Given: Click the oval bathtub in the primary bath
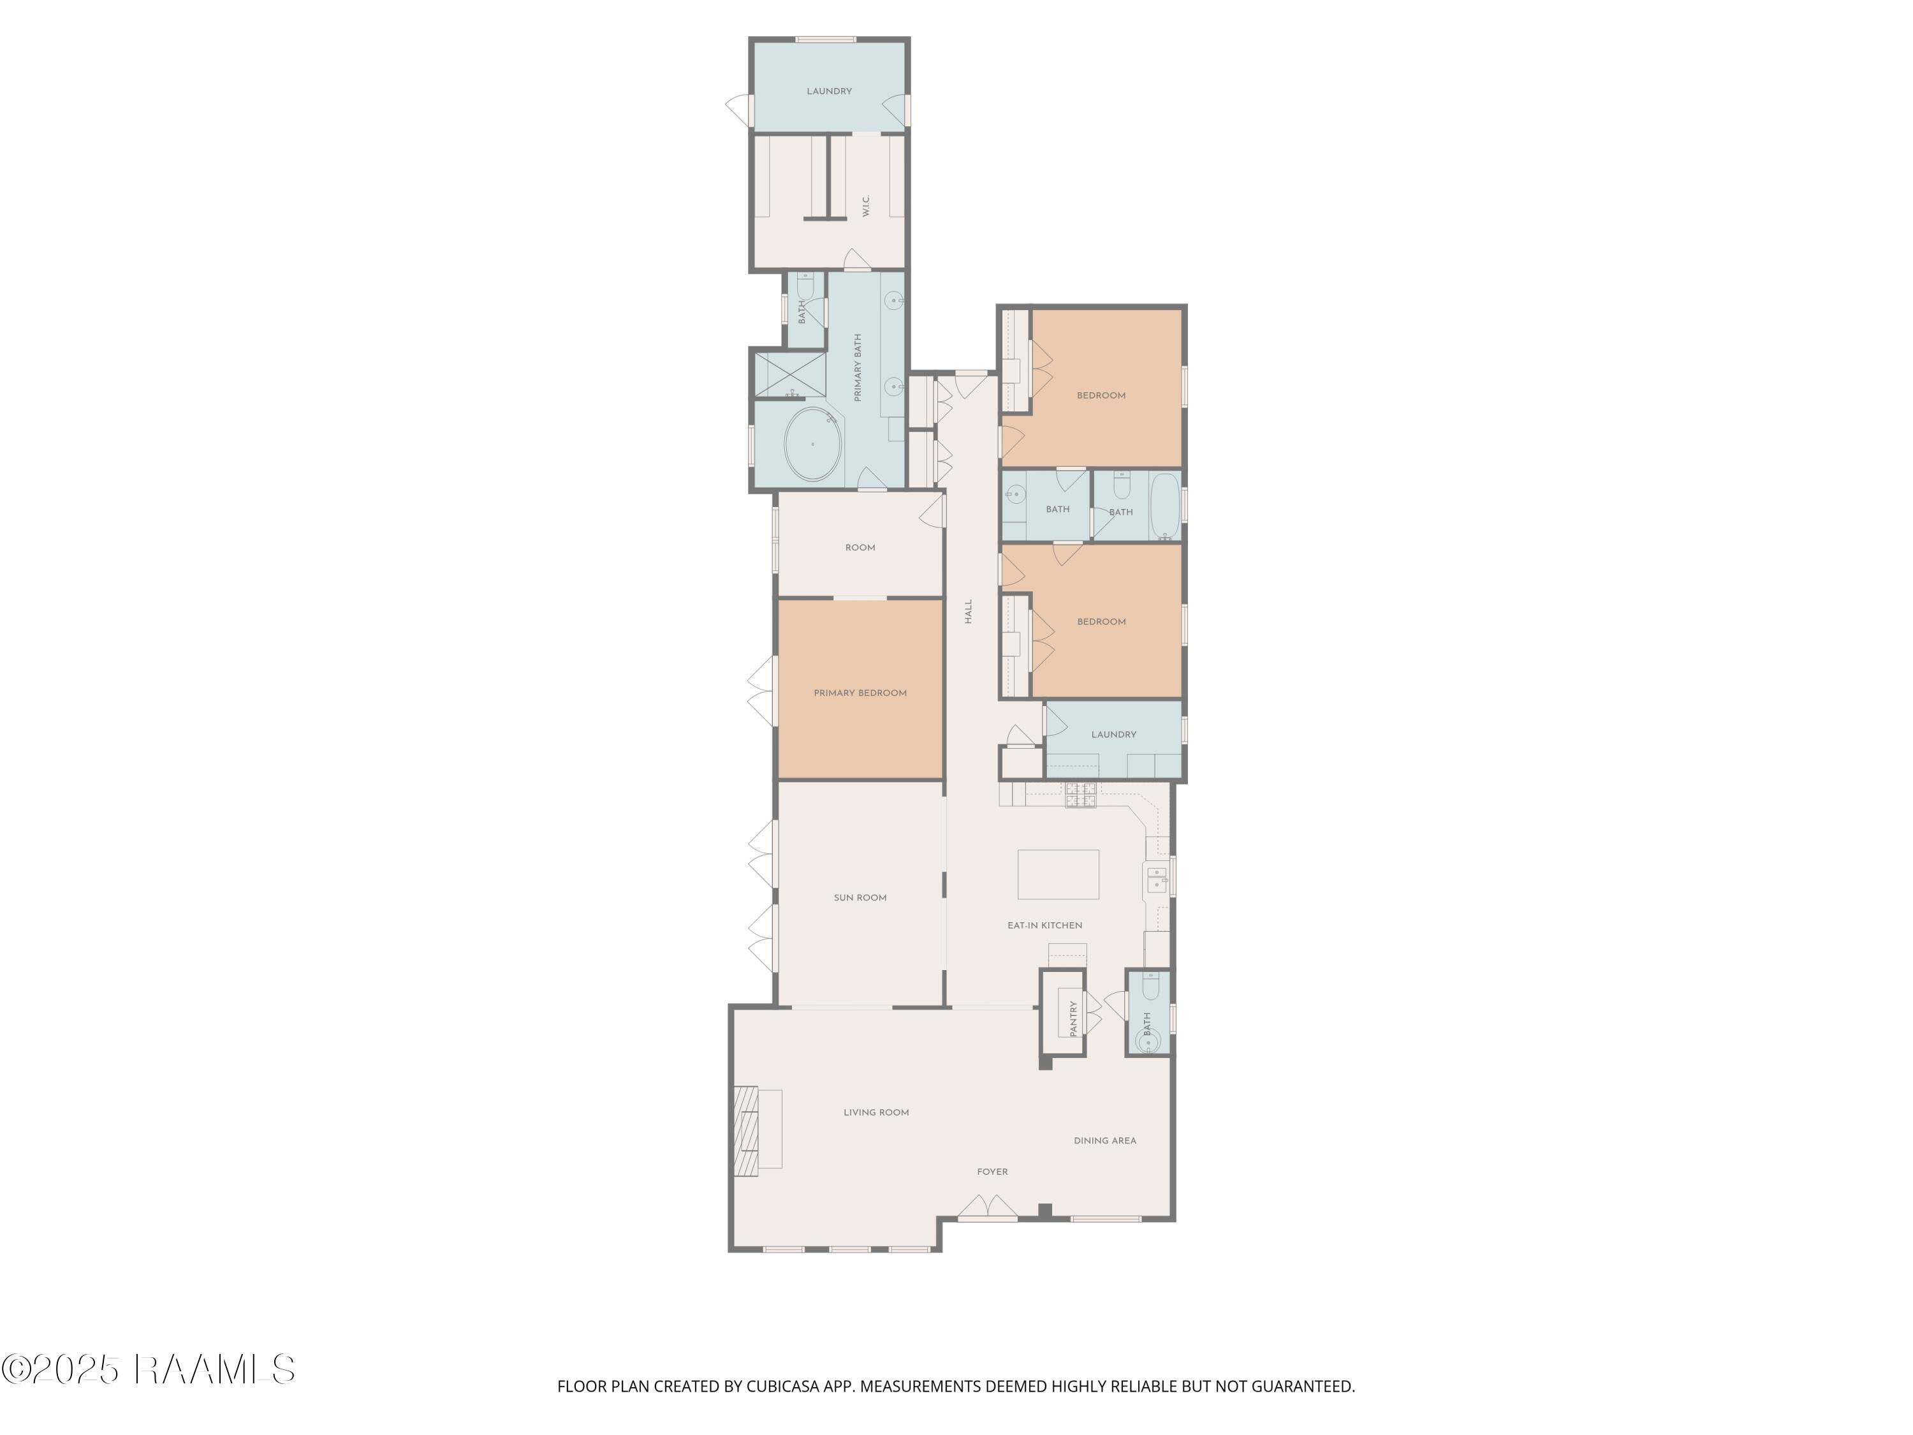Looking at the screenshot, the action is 813,444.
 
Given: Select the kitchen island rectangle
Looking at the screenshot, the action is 1058,874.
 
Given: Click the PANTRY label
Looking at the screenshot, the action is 1073,1019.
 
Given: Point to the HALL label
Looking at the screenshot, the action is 969,612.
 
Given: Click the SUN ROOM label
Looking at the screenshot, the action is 860,898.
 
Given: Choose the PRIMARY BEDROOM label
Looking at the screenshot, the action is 860,693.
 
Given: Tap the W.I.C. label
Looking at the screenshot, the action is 866,206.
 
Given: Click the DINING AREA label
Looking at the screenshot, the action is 1104,1141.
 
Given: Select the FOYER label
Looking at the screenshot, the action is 992,1172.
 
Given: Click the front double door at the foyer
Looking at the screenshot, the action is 988,1207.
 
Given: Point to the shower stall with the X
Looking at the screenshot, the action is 789,374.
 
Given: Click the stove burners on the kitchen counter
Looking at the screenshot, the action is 1080,795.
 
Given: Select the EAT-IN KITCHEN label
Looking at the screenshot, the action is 1044,925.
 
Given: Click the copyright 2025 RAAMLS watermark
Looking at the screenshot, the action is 149,1369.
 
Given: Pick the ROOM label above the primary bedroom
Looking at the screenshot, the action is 860,547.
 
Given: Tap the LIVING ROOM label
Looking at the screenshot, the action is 876,1112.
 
